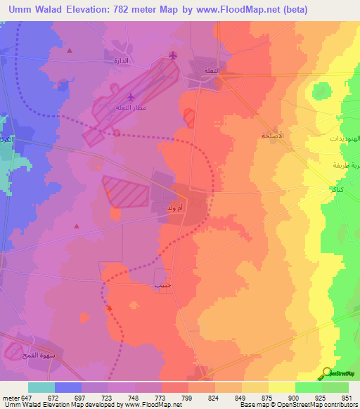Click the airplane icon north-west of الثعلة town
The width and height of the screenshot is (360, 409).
coord(174,56)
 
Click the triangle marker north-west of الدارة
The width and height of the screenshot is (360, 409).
coord(69,50)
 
